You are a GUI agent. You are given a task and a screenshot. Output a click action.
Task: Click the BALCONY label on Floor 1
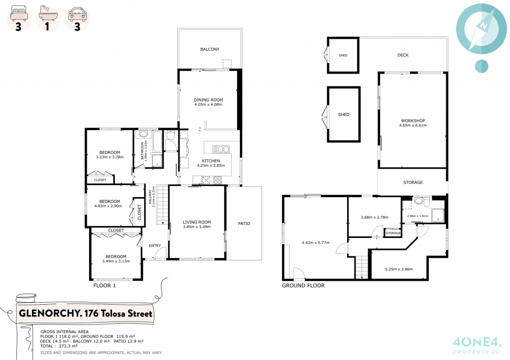point(210,49)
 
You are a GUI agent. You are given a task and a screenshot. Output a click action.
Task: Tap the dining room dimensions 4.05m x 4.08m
point(208,105)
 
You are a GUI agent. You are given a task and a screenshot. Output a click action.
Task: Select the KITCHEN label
point(211,161)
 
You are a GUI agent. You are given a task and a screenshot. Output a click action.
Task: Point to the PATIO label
point(244,224)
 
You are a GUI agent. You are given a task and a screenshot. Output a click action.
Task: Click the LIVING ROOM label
point(197,222)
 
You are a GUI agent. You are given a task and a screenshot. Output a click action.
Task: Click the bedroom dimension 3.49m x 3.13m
point(116,261)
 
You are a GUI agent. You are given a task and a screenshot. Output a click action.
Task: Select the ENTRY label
point(155,245)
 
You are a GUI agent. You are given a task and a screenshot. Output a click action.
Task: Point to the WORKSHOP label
point(412,120)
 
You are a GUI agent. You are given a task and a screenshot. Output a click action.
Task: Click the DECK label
point(403,55)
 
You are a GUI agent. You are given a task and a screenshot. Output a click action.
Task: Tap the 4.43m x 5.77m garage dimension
point(315,242)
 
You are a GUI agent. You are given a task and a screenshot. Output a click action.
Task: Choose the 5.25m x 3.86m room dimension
point(399,269)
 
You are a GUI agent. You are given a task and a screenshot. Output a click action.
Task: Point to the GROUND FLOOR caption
point(303,286)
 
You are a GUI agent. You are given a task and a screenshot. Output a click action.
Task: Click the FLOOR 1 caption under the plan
point(105,286)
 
